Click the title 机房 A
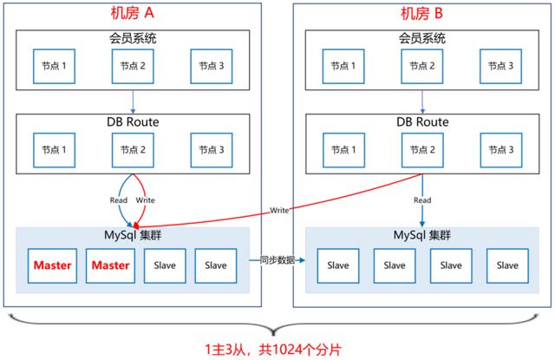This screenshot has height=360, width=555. click(x=132, y=13)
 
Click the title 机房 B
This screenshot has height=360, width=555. click(x=423, y=13)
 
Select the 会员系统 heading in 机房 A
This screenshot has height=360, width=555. click(x=132, y=38)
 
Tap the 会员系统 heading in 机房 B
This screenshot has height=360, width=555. click(x=422, y=38)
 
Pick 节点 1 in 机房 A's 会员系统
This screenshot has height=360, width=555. click(x=54, y=66)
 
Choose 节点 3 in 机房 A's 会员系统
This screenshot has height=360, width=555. click(x=212, y=66)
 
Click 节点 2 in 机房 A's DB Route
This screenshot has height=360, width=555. click(x=133, y=150)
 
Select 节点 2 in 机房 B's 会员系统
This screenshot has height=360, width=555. click(x=423, y=66)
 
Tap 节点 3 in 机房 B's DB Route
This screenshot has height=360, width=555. click(x=502, y=150)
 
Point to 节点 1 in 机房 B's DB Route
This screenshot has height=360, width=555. click(x=344, y=150)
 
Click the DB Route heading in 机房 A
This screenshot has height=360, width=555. click(x=132, y=122)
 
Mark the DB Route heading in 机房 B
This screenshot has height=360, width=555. click(x=422, y=122)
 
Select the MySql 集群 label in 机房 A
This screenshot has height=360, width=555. click(x=132, y=236)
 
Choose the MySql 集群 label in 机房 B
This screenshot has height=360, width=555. click(x=422, y=236)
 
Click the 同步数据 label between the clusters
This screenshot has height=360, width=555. click(x=276, y=259)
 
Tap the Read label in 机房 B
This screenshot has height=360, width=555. click(x=422, y=200)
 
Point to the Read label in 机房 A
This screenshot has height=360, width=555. click(x=118, y=200)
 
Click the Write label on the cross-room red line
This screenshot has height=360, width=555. click(x=279, y=211)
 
